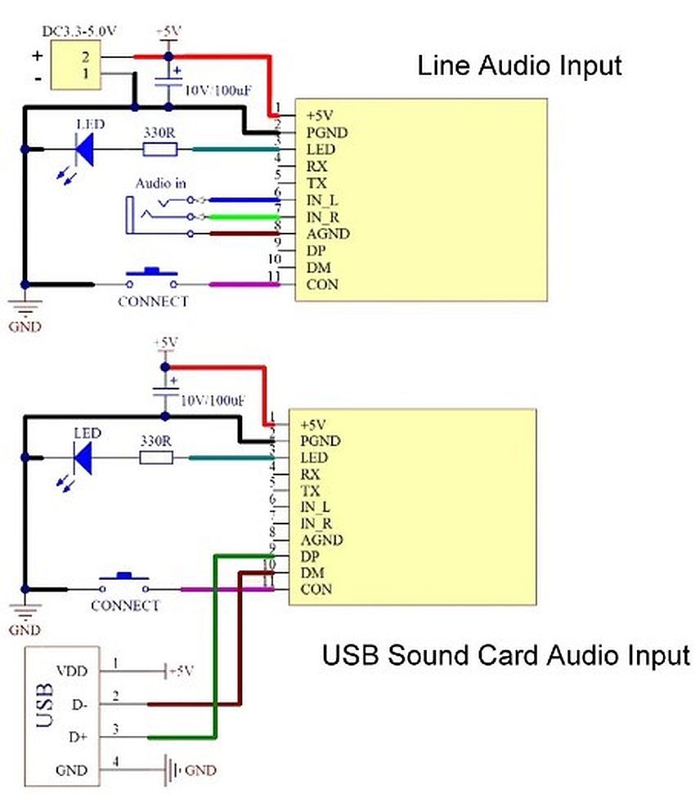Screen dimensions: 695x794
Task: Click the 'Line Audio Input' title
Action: (x=519, y=66)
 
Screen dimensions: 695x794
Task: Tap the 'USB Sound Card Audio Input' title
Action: (x=506, y=655)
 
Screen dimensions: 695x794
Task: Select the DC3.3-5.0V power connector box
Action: (x=75, y=65)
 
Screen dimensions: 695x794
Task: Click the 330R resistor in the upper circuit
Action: (x=160, y=149)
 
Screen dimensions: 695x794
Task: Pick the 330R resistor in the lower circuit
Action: (x=157, y=458)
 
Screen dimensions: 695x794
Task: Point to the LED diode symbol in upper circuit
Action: (x=84, y=149)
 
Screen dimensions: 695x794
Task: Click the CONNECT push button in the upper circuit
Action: (x=151, y=278)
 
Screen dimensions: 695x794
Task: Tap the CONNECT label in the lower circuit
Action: (x=125, y=605)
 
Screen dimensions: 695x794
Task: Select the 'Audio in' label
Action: (x=160, y=183)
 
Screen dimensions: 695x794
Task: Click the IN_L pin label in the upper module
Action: (x=322, y=200)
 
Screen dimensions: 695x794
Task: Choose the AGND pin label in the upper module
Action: (x=328, y=234)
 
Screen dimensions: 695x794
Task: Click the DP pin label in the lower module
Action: (x=310, y=556)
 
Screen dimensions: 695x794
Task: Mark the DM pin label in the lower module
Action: (x=312, y=573)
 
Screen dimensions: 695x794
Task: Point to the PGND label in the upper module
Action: (x=327, y=132)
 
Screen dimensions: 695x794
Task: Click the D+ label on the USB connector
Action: (x=78, y=737)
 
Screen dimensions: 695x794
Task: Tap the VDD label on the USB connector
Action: (x=72, y=671)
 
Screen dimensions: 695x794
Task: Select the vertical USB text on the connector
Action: (x=45, y=705)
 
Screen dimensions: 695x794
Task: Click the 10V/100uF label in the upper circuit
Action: (x=218, y=91)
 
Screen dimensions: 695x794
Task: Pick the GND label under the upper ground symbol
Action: (x=25, y=327)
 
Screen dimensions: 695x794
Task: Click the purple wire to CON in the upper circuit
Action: (x=244, y=284)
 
